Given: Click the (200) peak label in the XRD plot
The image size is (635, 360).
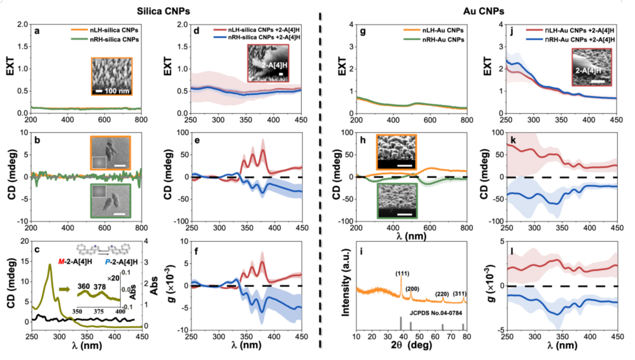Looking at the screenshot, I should pyautogui.click(x=412, y=288).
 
